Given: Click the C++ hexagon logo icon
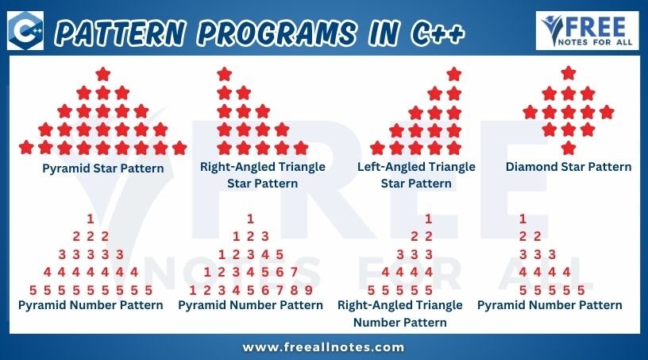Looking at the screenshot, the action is [x=25, y=31].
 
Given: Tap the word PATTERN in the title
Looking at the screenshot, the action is [x=120, y=33].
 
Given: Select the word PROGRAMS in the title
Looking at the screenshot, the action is [x=276, y=33].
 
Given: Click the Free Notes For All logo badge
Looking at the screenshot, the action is [x=587, y=31].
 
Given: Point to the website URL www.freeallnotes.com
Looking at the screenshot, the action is [x=323, y=346].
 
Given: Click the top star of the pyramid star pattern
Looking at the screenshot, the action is [x=103, y=75].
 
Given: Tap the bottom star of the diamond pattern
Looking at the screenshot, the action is [x=569, y=148].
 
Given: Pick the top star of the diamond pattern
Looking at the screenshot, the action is [x=569, y=73].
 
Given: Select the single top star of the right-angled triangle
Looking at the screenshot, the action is [x=225, y=74].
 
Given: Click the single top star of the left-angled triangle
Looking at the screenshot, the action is [x=453, y=74].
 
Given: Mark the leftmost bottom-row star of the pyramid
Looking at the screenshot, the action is [x=26, y=147].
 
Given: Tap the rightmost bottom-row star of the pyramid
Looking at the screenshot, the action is [x=179, y=147].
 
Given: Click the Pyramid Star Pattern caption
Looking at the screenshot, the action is [x=103, y=168].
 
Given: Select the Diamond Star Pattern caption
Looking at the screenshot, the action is [x=569, y=167].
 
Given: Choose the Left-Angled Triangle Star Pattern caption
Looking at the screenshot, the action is [x=416, y=175].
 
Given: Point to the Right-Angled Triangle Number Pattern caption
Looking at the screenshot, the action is [x=400, y=314].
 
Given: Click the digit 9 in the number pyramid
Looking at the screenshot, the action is [x=308, y=290].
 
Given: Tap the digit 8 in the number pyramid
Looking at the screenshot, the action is [x=294, y=290].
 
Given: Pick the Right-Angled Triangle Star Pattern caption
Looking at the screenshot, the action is [x=262, y=175].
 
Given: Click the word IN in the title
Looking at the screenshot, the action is [x=384, y=33].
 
